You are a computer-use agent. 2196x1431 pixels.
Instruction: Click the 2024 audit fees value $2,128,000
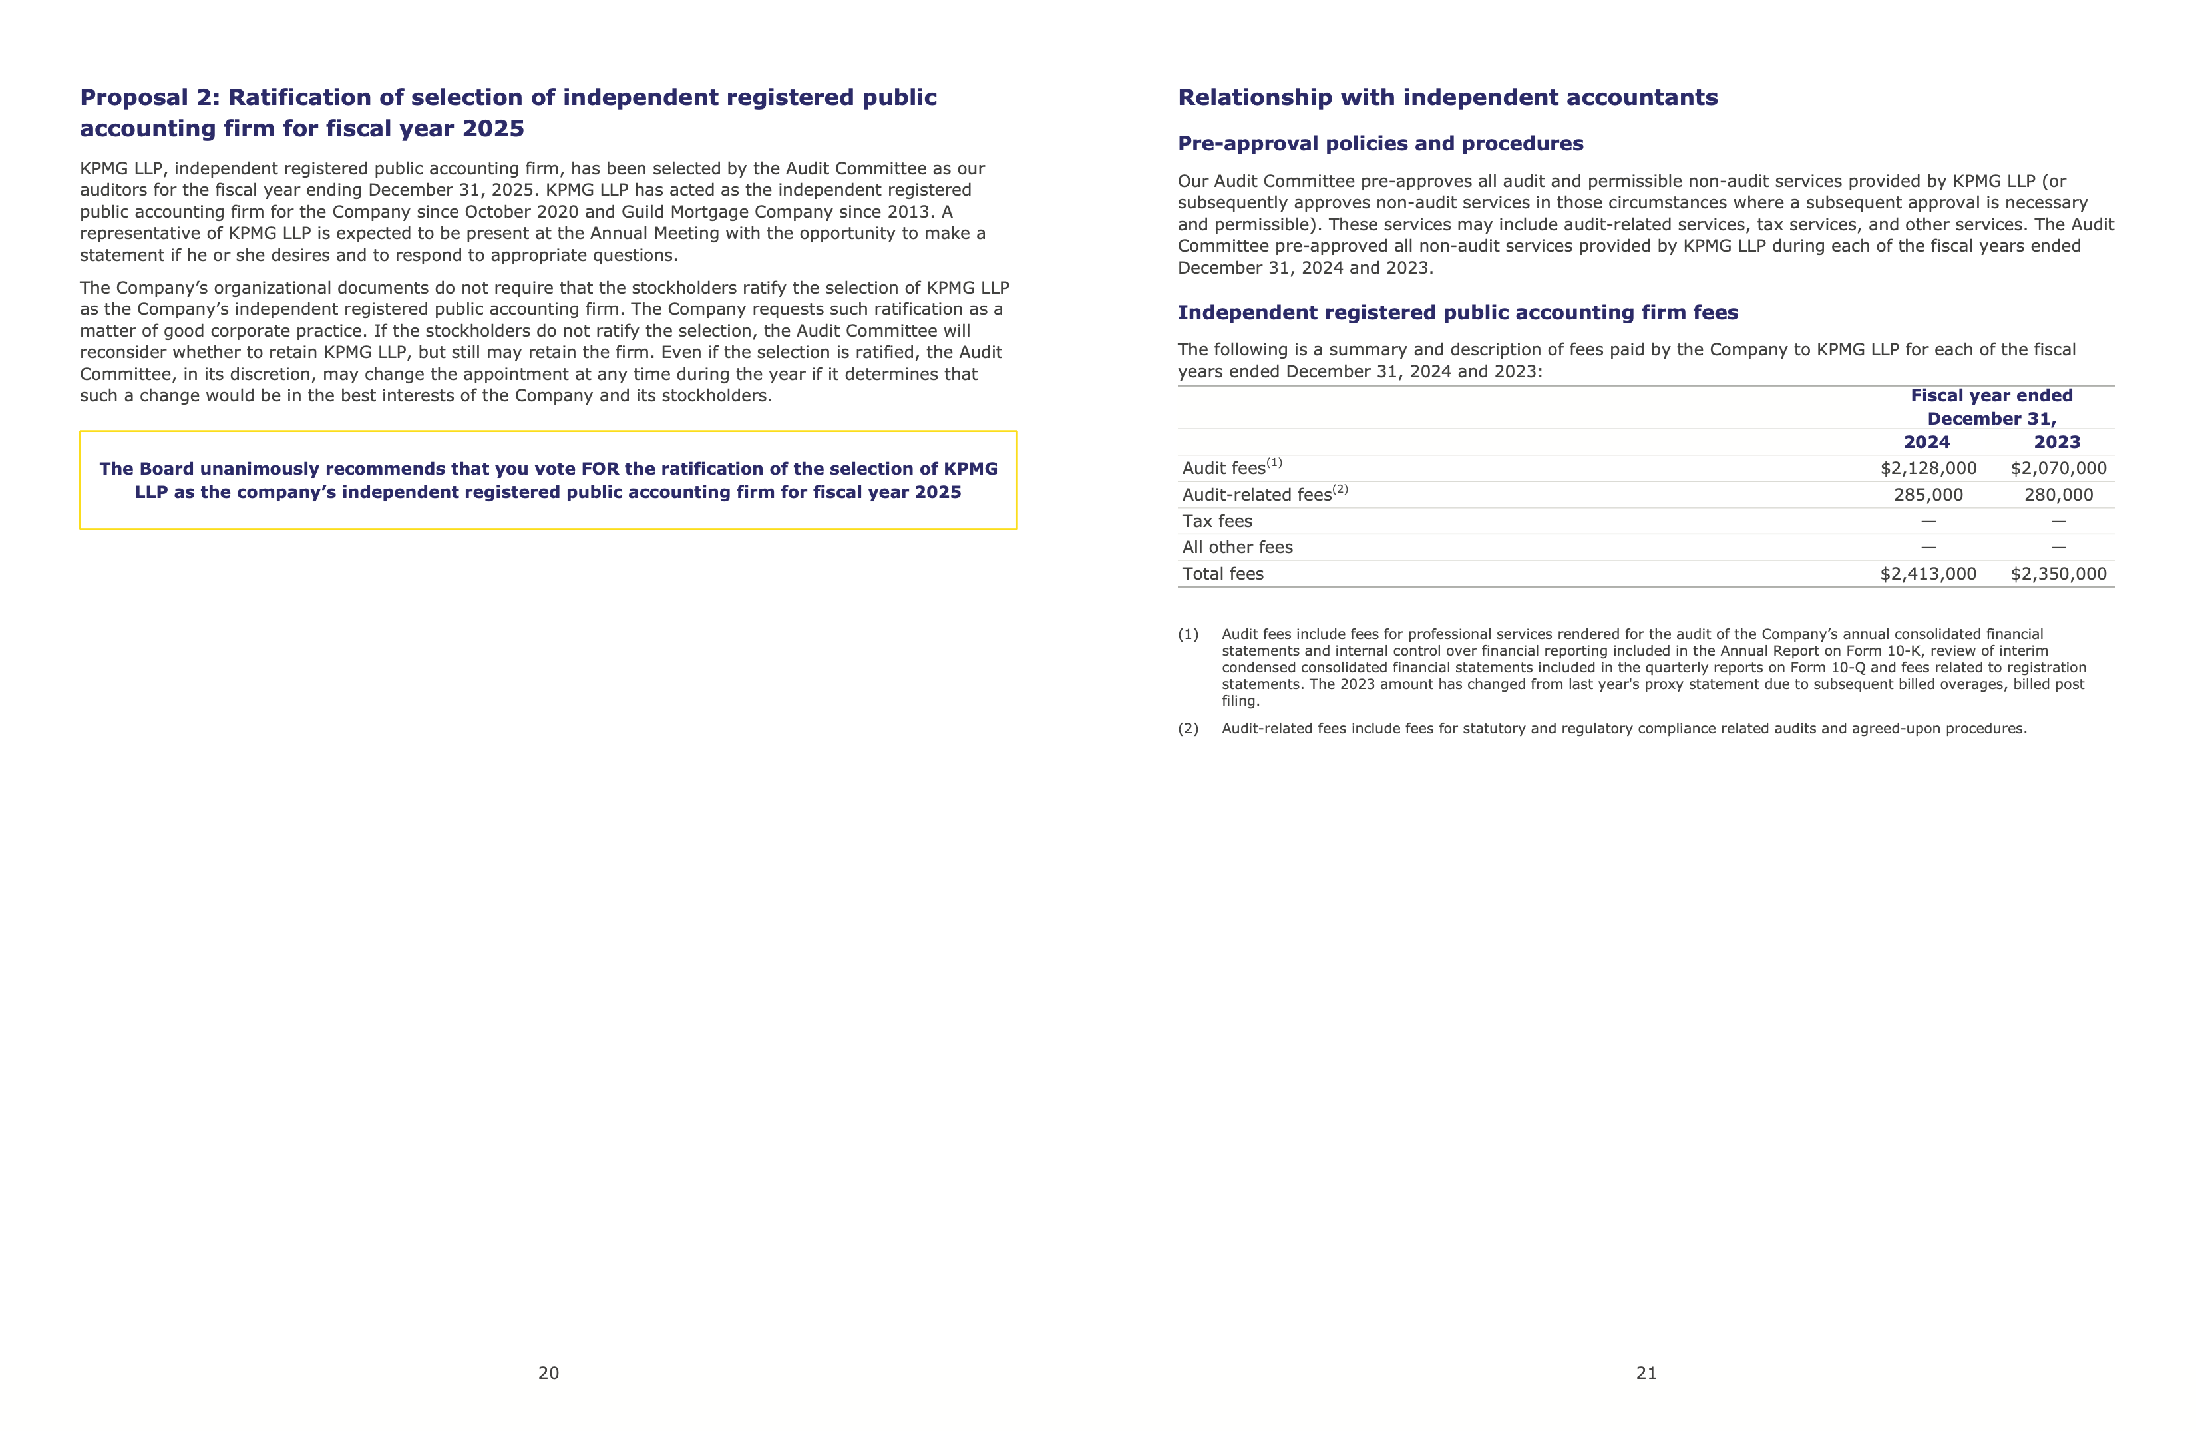(1928, 469)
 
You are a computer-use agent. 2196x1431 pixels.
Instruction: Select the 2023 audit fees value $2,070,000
(2058, 469)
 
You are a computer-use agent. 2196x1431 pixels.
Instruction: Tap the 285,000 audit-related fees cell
(1928, 495)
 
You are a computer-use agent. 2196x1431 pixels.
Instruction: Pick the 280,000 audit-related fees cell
(2058, 495)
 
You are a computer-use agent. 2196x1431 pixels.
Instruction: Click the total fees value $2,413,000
(1928, 574)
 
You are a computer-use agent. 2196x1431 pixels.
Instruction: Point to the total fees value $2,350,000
(2058, 574)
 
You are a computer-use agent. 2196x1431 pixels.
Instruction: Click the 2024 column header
(1926, 442)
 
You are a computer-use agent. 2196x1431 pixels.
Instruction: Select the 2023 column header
(2057, 442)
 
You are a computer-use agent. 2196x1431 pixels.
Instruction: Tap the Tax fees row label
(1217, 521)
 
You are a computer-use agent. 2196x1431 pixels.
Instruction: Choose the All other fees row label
(1237, 547)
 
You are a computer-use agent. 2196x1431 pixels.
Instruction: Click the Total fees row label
(1222, 574)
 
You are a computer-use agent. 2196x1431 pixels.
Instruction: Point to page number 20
(548, 1373)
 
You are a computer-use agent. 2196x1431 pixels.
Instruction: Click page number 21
(1646, 1373)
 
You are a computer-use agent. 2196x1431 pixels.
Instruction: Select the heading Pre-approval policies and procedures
(1380, 144)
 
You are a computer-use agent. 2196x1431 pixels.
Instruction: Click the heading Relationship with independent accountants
(1447, 98)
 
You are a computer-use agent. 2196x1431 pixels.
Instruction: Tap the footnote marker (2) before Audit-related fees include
(1187, 729)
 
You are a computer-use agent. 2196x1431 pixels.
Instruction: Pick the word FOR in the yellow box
(600, 469)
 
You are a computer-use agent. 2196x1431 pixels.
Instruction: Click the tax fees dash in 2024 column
(1928, 521)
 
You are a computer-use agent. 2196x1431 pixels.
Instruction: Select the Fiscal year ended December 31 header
(1991, 407)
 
